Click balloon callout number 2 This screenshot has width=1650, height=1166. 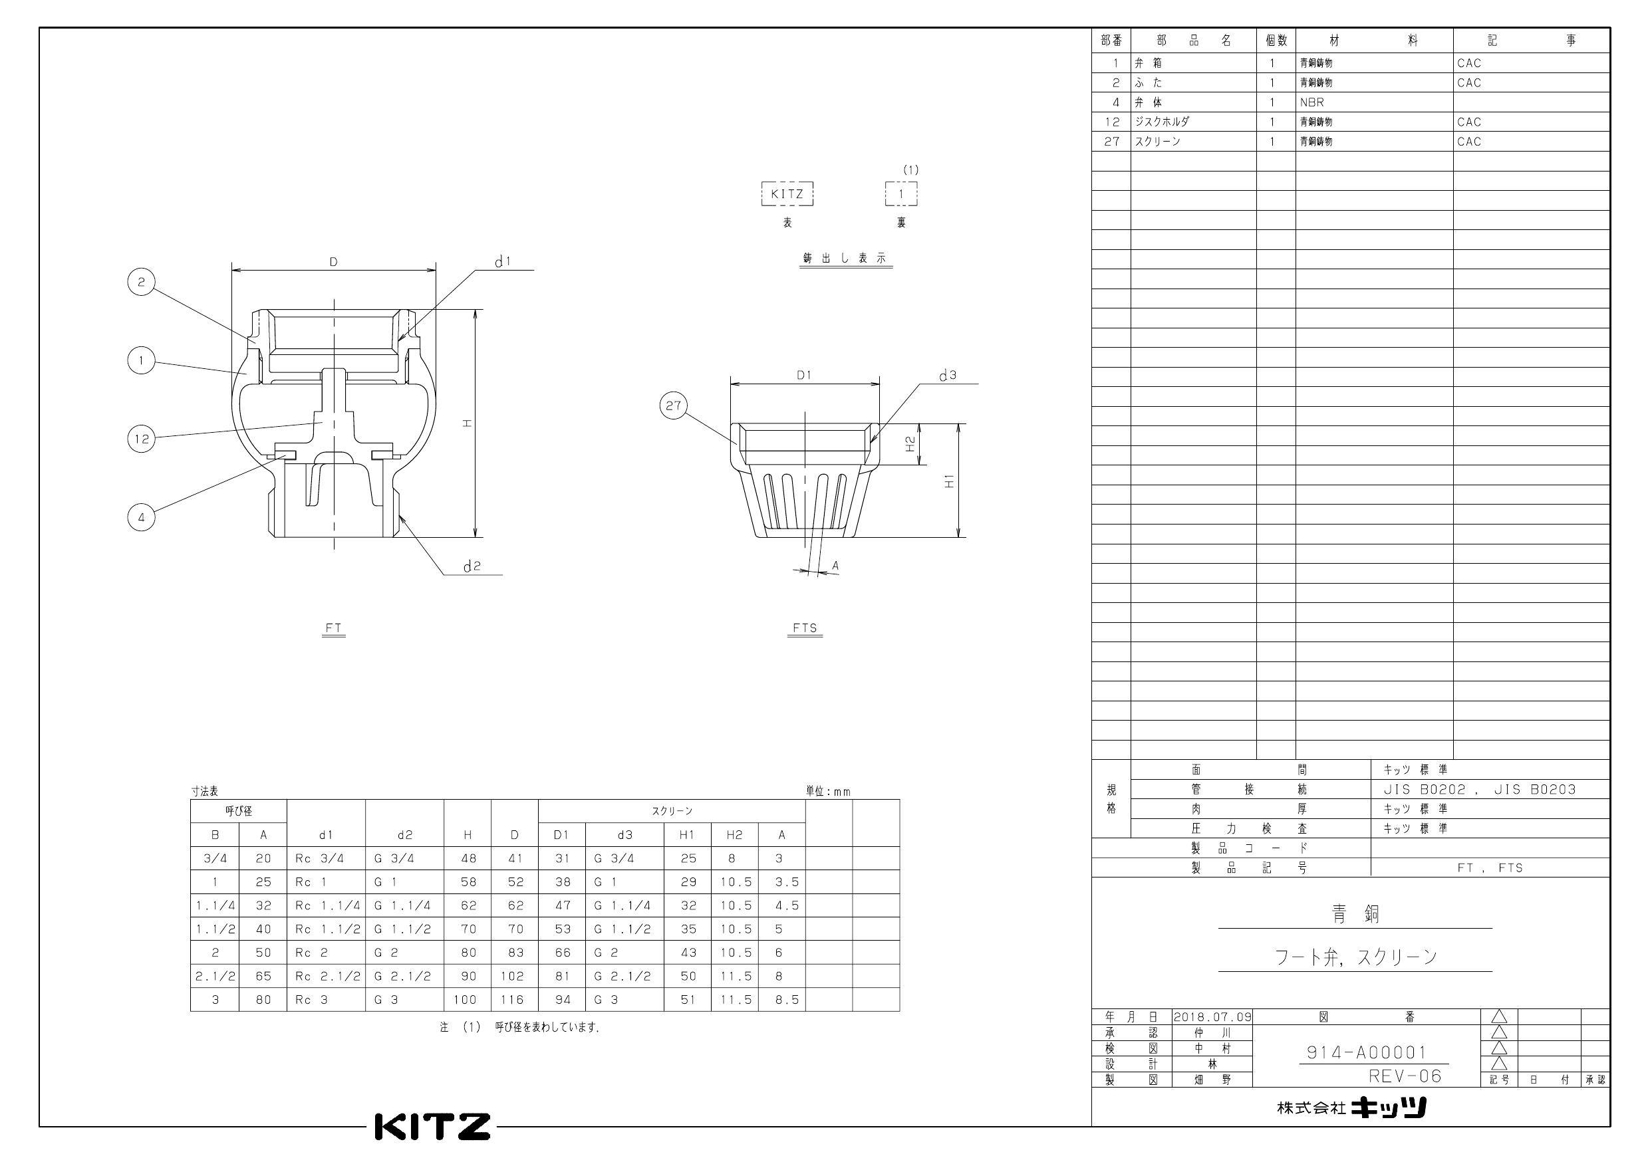141,283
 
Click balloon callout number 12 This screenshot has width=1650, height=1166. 142,438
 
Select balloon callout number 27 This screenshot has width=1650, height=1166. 672,406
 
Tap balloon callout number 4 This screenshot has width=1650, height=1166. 142,517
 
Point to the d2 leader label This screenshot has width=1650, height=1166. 472,567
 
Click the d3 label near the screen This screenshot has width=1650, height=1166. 947,376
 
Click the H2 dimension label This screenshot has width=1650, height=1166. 910,444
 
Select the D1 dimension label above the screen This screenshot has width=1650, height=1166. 803,375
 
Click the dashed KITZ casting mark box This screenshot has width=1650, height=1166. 787,194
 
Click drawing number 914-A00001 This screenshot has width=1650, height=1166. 1366,1052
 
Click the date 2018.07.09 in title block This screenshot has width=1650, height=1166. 1212,1017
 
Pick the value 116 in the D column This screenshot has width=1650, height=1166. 515,999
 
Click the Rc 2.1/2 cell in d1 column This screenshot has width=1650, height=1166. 326,977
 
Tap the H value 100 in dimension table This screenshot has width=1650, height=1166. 467,999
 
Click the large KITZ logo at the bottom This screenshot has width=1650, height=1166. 433,1127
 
